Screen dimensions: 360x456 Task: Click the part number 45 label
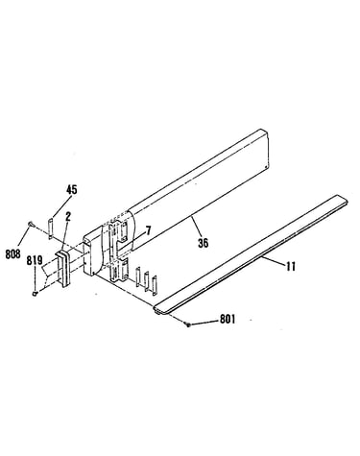[x=72, y=190]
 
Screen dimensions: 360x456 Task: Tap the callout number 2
[x=67, y=218]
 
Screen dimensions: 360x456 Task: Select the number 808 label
[x=12, y=253]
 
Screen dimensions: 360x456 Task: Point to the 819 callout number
[x=35, y=260]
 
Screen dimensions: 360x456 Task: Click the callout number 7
[x=148, y=229]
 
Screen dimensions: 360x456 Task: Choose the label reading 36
[x=203, y=243]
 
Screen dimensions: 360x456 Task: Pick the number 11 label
[x=291, y=266]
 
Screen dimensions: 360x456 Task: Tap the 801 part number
[x=228, y=319]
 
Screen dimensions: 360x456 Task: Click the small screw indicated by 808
[x=32, y=225]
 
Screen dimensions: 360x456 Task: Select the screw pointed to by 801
[x=188, y=325]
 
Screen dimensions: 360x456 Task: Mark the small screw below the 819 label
[x=36, y=293]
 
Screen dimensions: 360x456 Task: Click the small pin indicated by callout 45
[x=50, y=228]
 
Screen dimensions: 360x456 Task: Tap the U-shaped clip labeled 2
[x=63, y=269]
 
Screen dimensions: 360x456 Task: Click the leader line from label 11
[x=273, y=259]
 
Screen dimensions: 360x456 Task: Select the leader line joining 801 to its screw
[x=204, y=323]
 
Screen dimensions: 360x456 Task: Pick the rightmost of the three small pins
[x=155, y=285]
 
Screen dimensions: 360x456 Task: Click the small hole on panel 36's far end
[x=266, y=166]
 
